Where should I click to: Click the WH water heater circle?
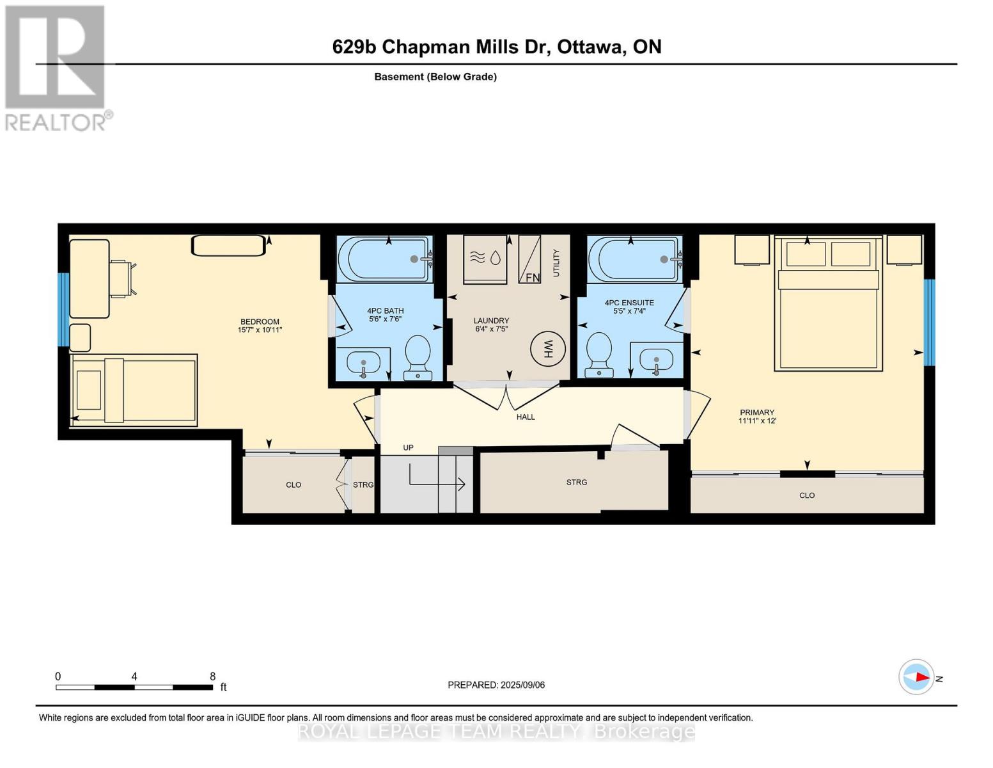[x=547, y=349]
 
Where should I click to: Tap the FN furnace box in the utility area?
[x=529, y=259]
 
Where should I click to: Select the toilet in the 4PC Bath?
[x=418, y=358]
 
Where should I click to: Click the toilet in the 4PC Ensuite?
[x=599, y=355]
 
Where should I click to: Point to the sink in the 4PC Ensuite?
[x=656, y=360]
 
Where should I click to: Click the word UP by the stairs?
[x=408, y=447]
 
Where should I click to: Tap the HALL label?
[x=526, y=417]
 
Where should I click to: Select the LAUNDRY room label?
[x=491, y=321]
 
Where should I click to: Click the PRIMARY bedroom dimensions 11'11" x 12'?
[x=757, y=421]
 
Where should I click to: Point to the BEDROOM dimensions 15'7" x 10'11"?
[x=260, y=330]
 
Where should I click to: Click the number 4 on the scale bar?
[x=134, y=676]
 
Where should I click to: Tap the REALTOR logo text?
[x=55, y=123]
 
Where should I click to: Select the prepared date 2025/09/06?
[x=523, y=685]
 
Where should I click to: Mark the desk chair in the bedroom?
[x=123, y=278]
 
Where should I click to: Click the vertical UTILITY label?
[x=556, y=263]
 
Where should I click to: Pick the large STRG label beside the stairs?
[x=576, y=482]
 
